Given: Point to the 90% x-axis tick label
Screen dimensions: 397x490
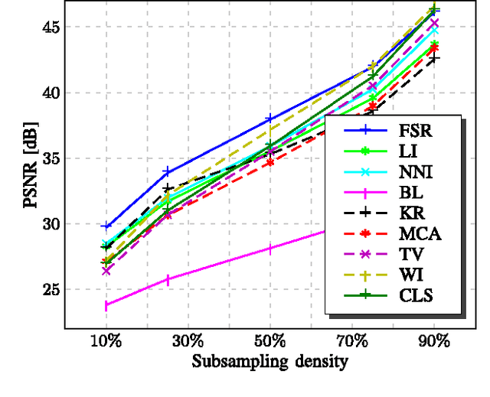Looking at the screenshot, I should click(434, 340).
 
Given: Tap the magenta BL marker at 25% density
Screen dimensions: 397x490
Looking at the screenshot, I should click(168, 280).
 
